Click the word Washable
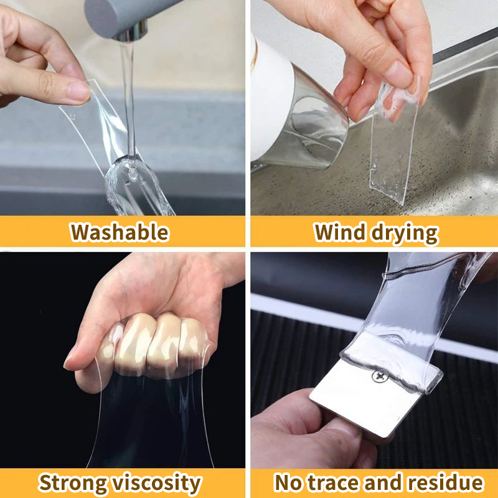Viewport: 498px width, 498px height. click(120, 232)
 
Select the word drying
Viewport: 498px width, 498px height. click(403, 233)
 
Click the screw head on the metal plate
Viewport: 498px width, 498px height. click(377, 375)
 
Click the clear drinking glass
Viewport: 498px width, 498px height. click(314, 121)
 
